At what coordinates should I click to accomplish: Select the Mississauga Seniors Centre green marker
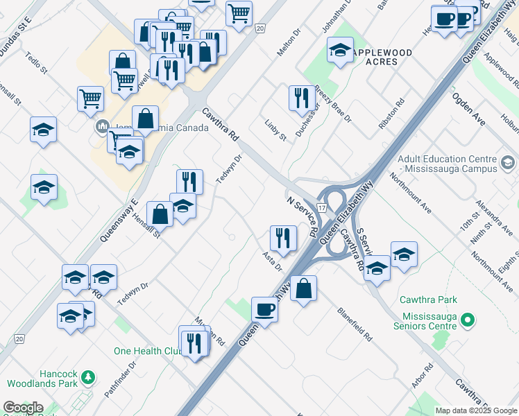pos(468,320)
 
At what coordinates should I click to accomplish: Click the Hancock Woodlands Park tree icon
pos(88,377)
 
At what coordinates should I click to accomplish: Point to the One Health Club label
pos(147,352)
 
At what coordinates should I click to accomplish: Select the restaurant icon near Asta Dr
pos(283,237)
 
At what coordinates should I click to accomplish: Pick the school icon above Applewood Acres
pos(340,50)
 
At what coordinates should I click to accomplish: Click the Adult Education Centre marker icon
pos(507,164)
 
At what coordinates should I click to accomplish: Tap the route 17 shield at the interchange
pos(322,207)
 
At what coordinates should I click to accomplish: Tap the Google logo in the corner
pos(23,408)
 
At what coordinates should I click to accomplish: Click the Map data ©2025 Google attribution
pos(475,410)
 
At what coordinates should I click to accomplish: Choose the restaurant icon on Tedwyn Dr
pos(189,181)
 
